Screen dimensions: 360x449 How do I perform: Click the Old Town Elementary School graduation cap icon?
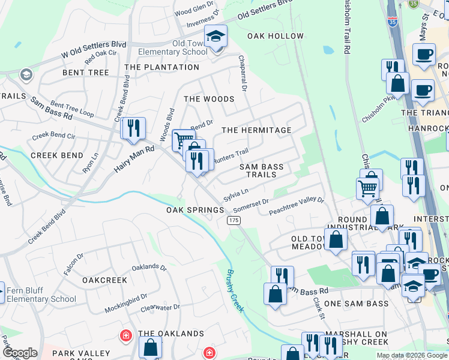pyautogui.click(x=215, y=37)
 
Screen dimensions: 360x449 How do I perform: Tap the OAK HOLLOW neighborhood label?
pyautogui.click(x=276, y=37)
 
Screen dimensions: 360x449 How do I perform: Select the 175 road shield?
pyautogui.click(x=234, y=221)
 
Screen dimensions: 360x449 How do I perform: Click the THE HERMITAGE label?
pyautogui.click(x=256, y=130)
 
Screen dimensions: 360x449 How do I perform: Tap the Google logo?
pyautogui.click(x=20, y=353)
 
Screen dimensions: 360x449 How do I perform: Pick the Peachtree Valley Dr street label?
pyautogui.click(x=296, y=207)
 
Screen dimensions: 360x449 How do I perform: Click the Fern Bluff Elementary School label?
pyautogui.click(x=41, y=295)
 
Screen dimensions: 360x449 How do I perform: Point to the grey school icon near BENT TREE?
pyautogui.click(x=26, y=74)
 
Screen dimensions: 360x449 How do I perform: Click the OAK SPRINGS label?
pyautogui.click(x=195, y=211)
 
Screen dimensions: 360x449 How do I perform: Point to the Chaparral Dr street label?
pyautogui.click(x=244, y=78)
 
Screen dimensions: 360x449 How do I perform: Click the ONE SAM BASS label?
pyautogui.click(x=357, y=304)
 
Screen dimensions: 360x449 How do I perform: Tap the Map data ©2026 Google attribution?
pyautogui.click(x=412, y=355)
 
